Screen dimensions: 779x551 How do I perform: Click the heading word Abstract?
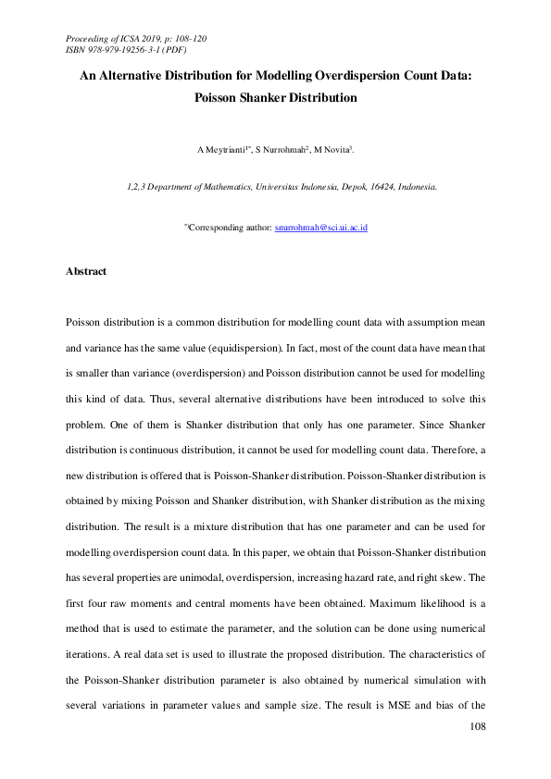[x=86, y=272]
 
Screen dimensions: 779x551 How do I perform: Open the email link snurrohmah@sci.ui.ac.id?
[x=321, y=227]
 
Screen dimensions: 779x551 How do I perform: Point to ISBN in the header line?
[x=77, y=50]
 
